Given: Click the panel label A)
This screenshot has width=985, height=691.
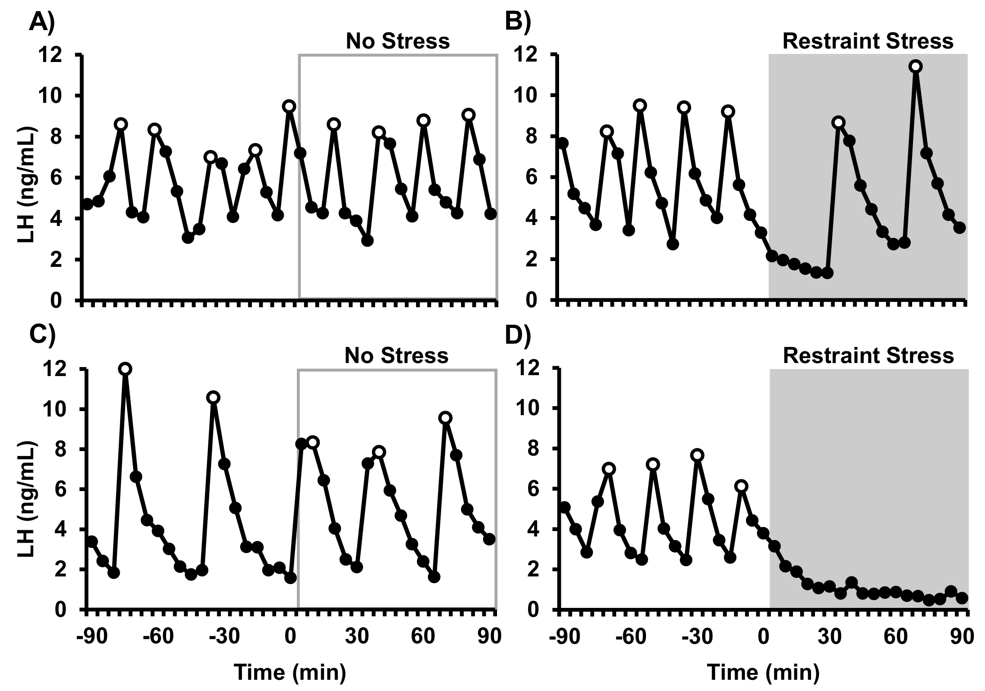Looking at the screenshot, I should tap(41, 21).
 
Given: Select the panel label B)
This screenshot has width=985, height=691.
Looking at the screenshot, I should tap(518, 21).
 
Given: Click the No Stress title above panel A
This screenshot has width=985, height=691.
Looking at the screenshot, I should tap(398, 41).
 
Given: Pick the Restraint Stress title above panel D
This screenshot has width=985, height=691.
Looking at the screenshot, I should tap(868, 356).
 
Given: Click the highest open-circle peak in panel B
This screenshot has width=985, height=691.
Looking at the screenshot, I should tap(915, 66).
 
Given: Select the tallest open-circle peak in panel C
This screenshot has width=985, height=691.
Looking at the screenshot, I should tap(125, 369).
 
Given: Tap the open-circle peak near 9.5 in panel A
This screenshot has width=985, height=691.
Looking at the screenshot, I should tap(289, 106).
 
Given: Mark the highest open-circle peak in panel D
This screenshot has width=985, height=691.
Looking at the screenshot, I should tap(697, 455).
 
